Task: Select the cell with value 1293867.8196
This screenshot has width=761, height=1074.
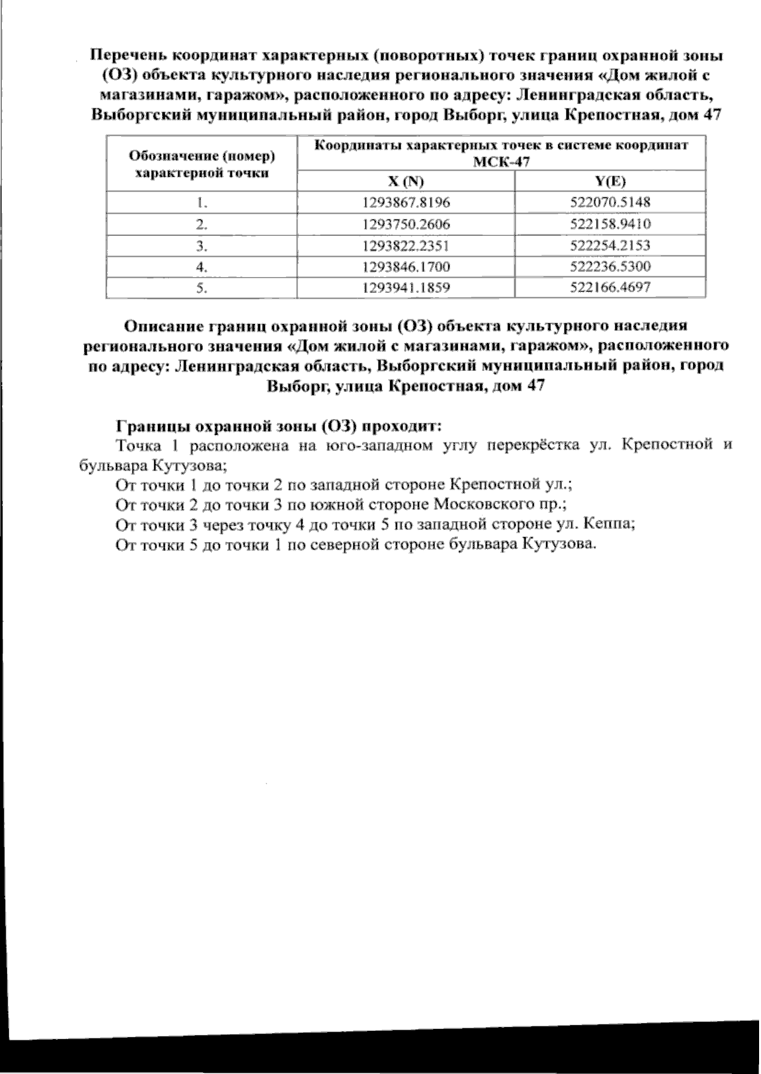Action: coord(406,203)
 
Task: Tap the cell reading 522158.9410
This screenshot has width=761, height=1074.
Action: coord(610,224)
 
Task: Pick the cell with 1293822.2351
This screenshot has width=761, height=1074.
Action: coord(406,245)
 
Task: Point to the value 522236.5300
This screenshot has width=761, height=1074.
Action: coord(610,266)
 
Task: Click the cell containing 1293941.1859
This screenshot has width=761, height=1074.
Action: coord(406,288)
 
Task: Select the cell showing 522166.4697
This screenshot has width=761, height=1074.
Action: coord(610,288)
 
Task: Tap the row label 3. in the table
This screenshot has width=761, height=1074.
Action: coord(202,245)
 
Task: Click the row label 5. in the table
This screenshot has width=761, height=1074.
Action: coord(202,288)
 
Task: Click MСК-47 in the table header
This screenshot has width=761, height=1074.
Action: coord(501,162)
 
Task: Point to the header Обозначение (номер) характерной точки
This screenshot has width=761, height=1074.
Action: coord(202,164)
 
